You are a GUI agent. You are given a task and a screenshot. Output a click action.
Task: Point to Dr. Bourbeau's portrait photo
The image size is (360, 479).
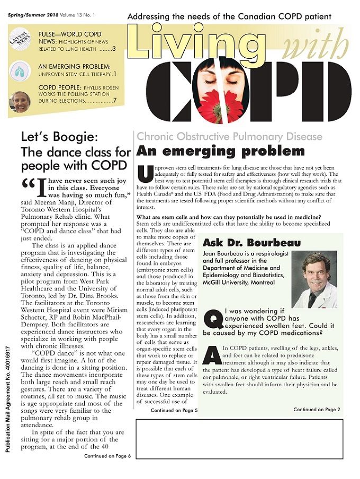click(x=314, y=279)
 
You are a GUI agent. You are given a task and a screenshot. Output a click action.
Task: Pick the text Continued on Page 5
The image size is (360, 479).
click(x=174, y=410)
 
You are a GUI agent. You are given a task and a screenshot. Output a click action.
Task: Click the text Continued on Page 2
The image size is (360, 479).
click(x=317, y=409)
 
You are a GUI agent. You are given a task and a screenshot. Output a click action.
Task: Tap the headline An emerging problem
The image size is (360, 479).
click(x=220, y=152)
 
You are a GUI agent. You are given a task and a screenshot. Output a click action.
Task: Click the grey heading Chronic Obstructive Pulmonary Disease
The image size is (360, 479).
click(x=229, y=136)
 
